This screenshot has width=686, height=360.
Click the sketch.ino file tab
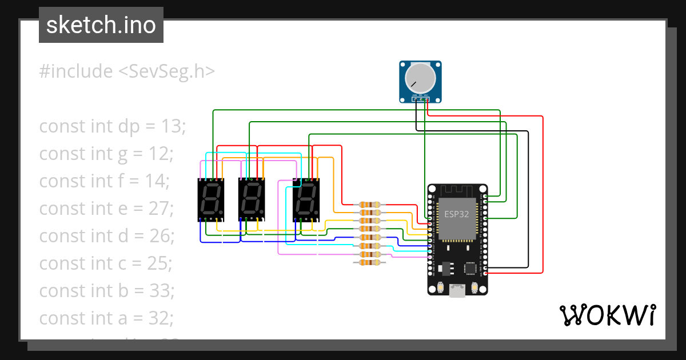pos(101,25)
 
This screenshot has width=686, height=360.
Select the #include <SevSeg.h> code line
pos(127,71)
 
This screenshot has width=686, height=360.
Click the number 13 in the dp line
pos(174,126)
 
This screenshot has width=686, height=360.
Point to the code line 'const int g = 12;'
pos(106,154)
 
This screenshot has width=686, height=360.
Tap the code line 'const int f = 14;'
pos(104,181)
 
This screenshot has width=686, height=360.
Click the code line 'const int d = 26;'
pos(106,236)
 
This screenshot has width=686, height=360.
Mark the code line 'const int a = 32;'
pos(106,318)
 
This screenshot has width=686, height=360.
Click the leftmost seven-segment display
pos(210,200)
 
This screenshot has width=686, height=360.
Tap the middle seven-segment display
pos(252,200)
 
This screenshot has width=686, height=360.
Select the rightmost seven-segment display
pos(306,200)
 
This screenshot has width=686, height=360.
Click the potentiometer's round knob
pos(420,78)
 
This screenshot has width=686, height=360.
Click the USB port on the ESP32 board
pos(457,291)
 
